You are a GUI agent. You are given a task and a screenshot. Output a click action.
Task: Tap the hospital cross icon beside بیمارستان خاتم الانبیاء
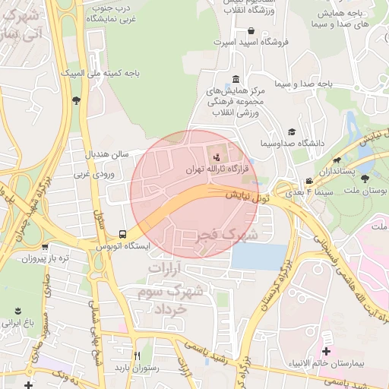(x=327, y=351)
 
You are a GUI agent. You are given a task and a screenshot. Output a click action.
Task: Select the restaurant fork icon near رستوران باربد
(x=138, y=356)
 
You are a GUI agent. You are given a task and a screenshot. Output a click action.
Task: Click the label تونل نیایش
(x=247, y=197)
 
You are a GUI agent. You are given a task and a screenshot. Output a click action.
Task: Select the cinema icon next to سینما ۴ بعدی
(x=308, y=181)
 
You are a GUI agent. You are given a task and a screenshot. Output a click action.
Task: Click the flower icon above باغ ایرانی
(x=18, y=311)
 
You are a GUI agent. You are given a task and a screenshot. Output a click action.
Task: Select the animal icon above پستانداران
(x=337, y=160)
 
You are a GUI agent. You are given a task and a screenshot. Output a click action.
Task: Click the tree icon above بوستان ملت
(x=365, y=179)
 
